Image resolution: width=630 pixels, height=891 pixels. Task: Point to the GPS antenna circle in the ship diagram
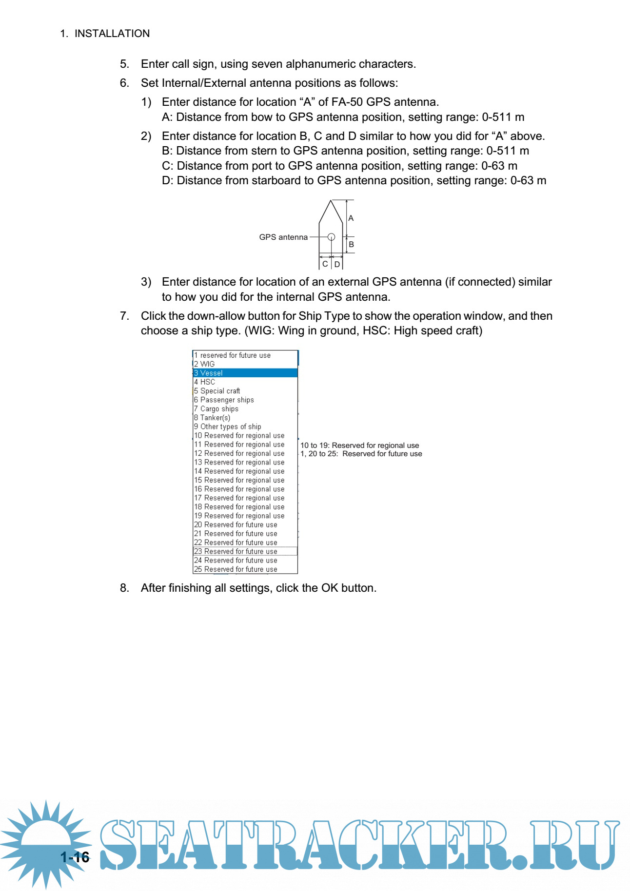click(x=331, y=237)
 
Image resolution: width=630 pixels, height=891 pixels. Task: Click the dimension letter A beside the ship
click(x=351, y=218)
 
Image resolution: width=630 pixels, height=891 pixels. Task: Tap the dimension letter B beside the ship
click(x=351, y=244)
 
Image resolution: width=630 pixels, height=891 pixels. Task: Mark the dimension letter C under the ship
click(x=325, y=264)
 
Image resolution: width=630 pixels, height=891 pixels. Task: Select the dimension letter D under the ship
click(x=337, y=264)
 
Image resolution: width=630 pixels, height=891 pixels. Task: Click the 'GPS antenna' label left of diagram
click(x=283, y=237)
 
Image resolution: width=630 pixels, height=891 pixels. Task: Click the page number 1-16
click(x=75, y=857)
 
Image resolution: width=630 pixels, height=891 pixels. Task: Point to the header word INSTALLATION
click(x=112, y=34)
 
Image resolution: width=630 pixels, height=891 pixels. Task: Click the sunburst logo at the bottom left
click(x=46, y=843)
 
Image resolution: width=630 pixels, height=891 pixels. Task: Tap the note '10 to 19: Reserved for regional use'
click(x=360, y=445)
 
